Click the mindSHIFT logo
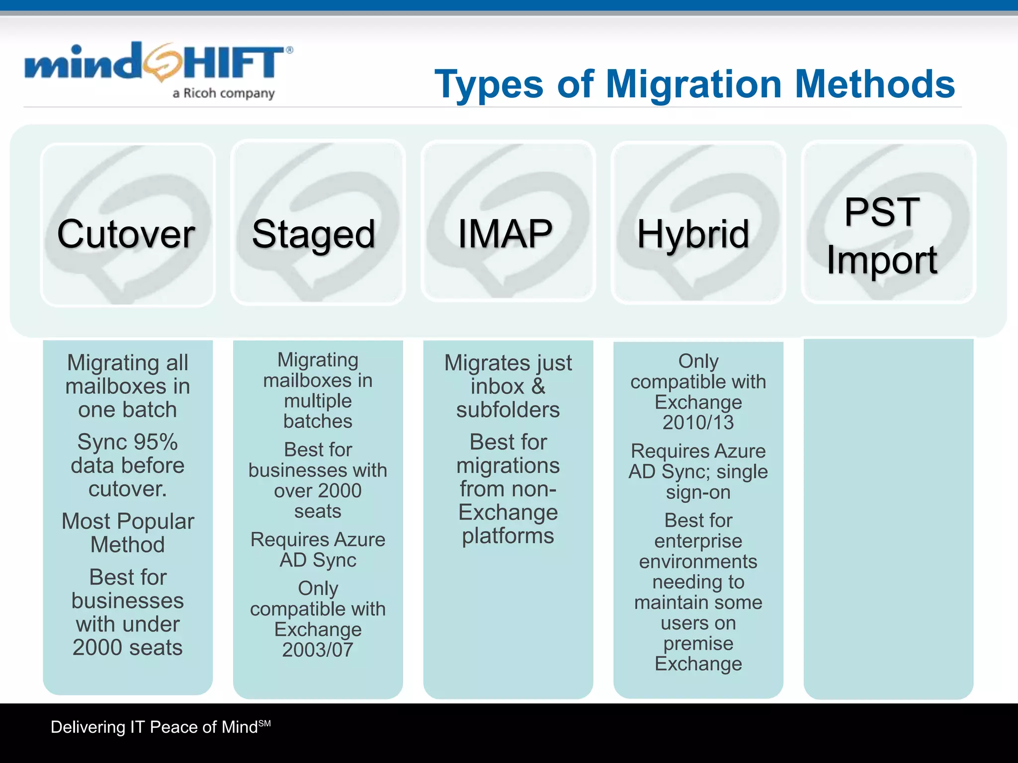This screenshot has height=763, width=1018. (158, 65)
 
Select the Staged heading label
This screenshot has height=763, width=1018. (314, 234)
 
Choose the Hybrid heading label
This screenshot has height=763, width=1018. (693, 234)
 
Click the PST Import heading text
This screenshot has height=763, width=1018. (882, 235)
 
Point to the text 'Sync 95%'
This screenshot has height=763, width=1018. (128, 442)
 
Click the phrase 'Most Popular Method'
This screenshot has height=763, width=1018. (128, 533)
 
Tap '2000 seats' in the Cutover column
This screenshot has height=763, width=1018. (128, 647)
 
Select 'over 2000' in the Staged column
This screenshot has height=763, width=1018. (318, 491)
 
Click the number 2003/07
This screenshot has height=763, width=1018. (318, 650)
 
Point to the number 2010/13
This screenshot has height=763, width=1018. (698, 423)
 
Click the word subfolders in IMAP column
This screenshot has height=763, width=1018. (508, 410)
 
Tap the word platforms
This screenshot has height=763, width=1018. (508, 536)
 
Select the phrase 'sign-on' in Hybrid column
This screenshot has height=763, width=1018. (698, 492)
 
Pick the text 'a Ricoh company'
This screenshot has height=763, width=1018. (224, 93)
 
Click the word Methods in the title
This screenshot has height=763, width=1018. (875, 84)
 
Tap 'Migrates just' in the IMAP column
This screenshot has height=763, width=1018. (508, 363)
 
